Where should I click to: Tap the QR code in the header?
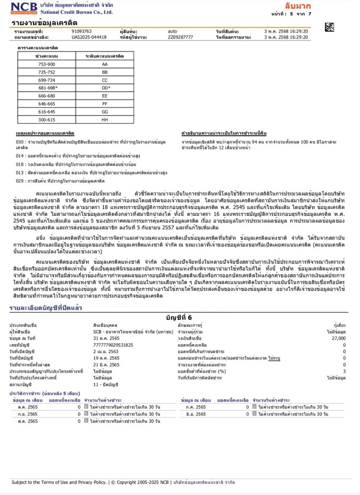(329, 27)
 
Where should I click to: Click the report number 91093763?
(82, 31)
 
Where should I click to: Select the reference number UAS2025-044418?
(89, 37)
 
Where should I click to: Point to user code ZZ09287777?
(180, 37)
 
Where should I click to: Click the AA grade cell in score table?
(105, 64)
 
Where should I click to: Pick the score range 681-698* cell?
(46, 88)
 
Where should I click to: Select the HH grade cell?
(105, 120)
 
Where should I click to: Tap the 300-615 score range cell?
(46, 120)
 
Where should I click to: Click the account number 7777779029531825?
(113, 345)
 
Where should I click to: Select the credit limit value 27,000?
(339, 338)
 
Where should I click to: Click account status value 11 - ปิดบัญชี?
(105, 385)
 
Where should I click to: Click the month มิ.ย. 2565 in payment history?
(196, 414)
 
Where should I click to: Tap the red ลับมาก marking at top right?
(298, 6)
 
